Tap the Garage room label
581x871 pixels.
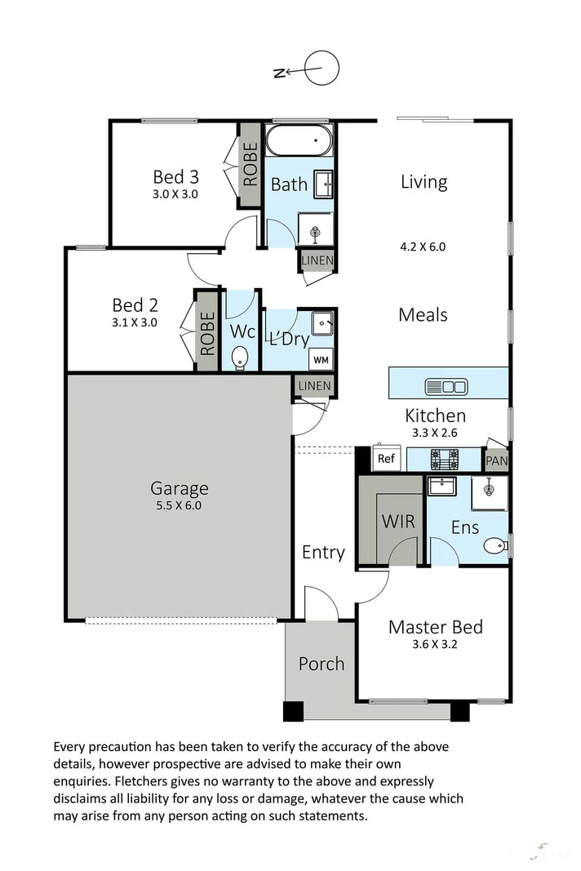pyautogui.click(x=179, y=489)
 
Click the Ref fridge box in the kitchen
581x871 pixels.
pyautogui.click(x=386, y=459)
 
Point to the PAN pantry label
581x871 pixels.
pyautogui.click(x=496, y=461)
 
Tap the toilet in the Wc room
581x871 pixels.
pyautogui.click(x=241, y=358)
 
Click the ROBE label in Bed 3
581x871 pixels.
pyautogui.click(x=250, y=165)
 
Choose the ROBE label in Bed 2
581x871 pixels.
pyautogui.click(x=206, y=333)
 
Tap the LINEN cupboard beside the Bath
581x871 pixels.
pyautogui.click(x=317, y=260)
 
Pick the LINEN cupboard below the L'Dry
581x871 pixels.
pyautogui.click(x=314, y=386)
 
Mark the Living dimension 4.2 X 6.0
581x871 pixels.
pyautogui.click(x=424, y=246)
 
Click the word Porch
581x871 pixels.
pyautogui.click(x=321, y=664)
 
